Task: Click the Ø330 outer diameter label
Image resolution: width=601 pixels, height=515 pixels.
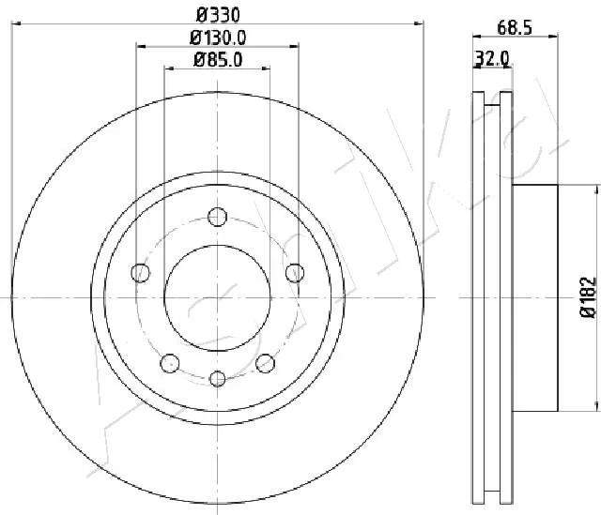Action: click(x=217, y=14)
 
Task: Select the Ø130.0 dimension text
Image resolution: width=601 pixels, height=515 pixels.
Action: click(x=217, y=38)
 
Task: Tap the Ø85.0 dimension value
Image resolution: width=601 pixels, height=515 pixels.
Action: click(x=217, y=60)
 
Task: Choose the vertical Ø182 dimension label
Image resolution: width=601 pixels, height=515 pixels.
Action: click(x=588, y=297)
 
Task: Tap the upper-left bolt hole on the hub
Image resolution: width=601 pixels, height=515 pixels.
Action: click(x=141, y=273)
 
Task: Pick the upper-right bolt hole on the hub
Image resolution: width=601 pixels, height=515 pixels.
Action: click(x=294, y=273)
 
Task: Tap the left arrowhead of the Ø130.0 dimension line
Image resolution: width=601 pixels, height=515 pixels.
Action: click(x=140, y=45)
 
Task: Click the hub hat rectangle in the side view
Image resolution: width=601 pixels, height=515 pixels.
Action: click(x=535, y=297)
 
